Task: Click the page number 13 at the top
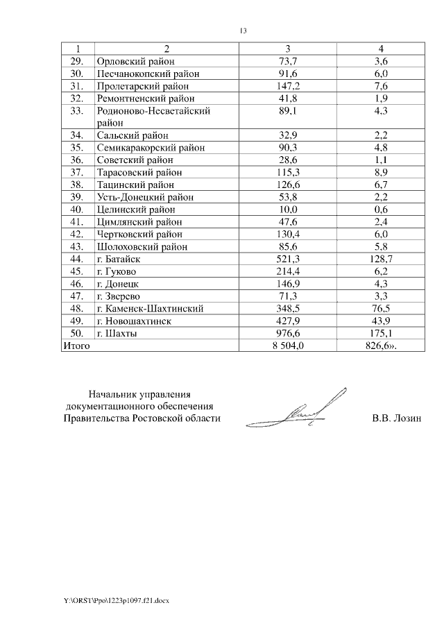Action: pyautogui.click(x=243, y=31)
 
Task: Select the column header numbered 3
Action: pyautogui.click(x=287, y=49)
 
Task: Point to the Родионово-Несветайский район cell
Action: pyautogui.click(x=153, y=116)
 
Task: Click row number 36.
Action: pyautogui.click(x=77, y=160)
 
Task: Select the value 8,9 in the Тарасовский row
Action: pyautogui.click(x=380, y=172)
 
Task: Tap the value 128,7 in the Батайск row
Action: pyautogui.click(x=380, y=259)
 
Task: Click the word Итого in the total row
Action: pyautogui.click(x=76, y=346)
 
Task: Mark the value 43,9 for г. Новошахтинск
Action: pyautogui.click(x=380, y=321)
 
